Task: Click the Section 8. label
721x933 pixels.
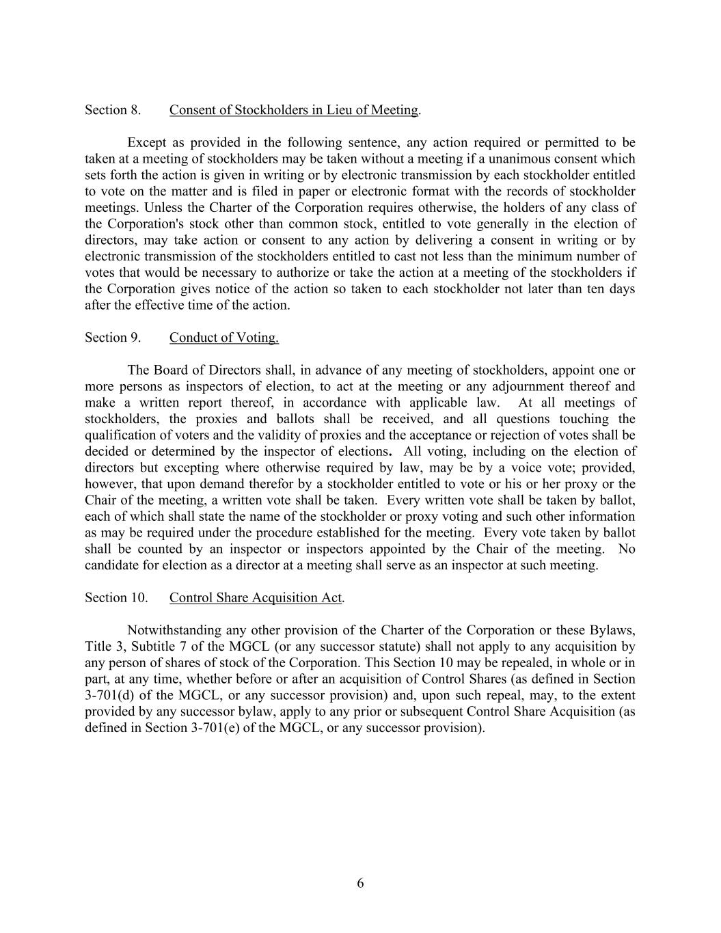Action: [113, 110]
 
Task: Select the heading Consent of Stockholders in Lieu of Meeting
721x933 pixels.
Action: [294, 110]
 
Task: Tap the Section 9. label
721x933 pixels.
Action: [113, 338]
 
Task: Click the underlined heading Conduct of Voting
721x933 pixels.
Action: [223, 338]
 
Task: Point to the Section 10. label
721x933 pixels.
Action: [116, 598]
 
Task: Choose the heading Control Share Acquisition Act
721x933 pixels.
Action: [256, 598]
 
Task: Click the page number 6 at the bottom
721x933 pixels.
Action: [360, 884]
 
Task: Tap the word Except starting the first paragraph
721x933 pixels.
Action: [146, 143]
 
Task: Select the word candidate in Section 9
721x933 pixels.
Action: [111, 565]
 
